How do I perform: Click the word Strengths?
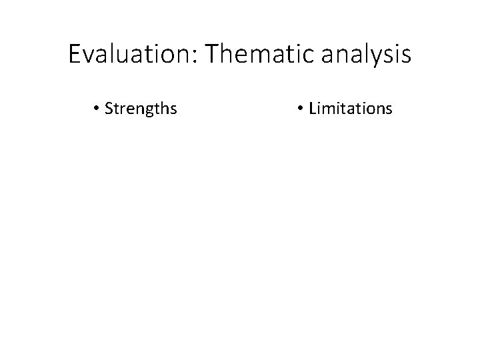click(141, 108)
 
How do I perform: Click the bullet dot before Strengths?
click(97, 108)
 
